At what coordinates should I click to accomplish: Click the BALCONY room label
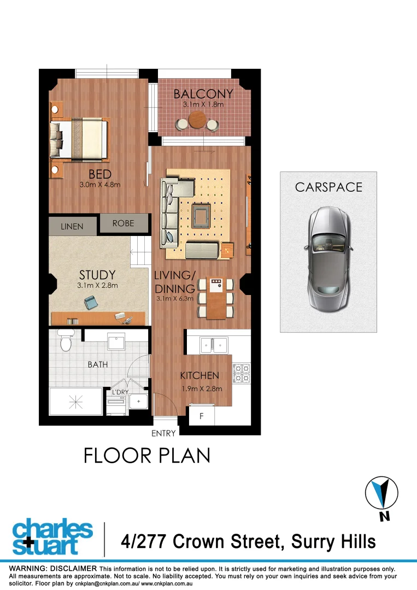(x=203, y=94)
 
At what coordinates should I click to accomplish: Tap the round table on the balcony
(x=197, y=120)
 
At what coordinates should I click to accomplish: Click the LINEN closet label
(x=72, y=226)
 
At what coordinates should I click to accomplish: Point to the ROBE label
(x=124, y=223)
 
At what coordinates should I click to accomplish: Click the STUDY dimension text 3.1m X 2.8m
(x=97, y=285)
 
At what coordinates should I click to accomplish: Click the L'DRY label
(x=120, y=392)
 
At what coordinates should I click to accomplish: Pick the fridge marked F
(x=201, y=416)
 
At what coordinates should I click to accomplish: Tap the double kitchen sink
(x=213, y=344)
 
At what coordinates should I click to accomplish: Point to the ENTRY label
(x=163, y=434)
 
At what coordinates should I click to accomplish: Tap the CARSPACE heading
(x=328, y=187)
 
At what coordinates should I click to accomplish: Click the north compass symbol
(x=380, y=493)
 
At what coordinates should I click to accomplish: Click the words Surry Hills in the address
(x=333, y=541)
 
